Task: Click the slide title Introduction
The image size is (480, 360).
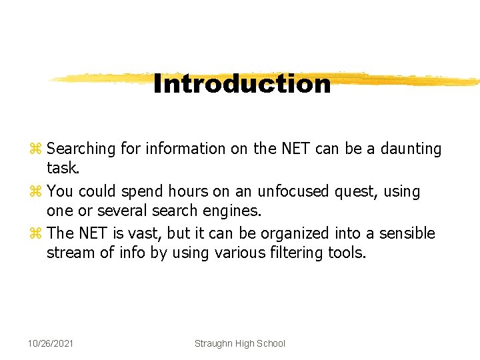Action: point(241,84)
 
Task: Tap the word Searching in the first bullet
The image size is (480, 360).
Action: point(82,149)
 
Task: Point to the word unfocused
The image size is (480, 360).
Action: point(291,191)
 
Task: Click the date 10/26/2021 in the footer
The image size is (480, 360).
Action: point(51,343)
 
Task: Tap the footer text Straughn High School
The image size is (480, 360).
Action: point(239,343)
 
